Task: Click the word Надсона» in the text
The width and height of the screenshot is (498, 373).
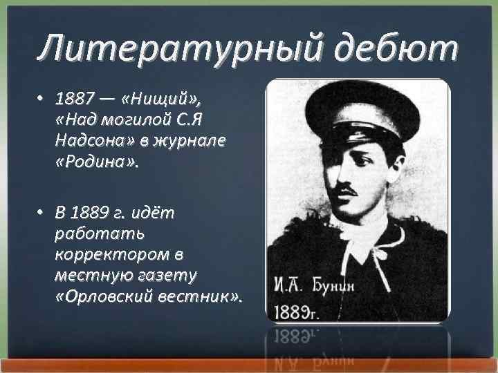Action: coord(87,140)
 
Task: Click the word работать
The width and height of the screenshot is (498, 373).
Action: coord(94,233)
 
